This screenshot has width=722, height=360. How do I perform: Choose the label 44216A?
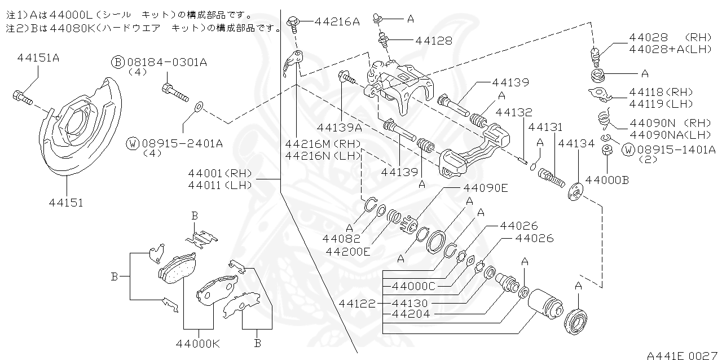[337, 22]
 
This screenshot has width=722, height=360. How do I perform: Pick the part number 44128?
[433, 41]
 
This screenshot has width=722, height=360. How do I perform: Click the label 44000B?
[607, 180]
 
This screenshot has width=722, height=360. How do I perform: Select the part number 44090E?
[486, 188]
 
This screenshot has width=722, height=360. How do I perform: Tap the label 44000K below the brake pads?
[198, 342]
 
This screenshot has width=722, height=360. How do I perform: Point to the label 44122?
[357, 303]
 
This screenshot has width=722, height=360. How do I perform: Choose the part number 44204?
[411, 314]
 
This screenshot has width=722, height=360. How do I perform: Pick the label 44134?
[576, 144]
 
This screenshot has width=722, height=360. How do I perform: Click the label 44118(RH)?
[661, 91]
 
